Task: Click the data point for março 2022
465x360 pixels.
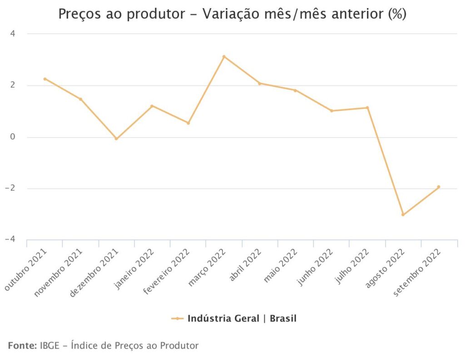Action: [x=224, y=56]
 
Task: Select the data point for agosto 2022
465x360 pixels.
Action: [x=403, y=215]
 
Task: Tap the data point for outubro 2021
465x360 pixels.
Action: [x=45, y=79]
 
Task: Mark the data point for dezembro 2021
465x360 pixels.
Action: [x=116, y=139]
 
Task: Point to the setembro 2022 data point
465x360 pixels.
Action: [x=439, y=187]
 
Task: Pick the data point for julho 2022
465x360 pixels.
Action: [x=367, y=108]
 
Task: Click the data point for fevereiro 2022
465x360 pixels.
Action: [x=188, y=123]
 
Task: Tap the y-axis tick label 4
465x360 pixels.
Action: [x=14, y=34]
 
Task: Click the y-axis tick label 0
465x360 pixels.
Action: [x=14, y=137]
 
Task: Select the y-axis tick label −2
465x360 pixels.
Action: [x=11, y=188]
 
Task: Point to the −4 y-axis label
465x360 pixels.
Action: [x=11, y=240]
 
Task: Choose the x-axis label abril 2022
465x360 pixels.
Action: [x=245, y=265]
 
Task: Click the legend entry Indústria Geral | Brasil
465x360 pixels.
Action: [x=241, y=319]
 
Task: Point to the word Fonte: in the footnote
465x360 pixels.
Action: [x=22, y=346]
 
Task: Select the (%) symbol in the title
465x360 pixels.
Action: [x=396, y=15]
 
